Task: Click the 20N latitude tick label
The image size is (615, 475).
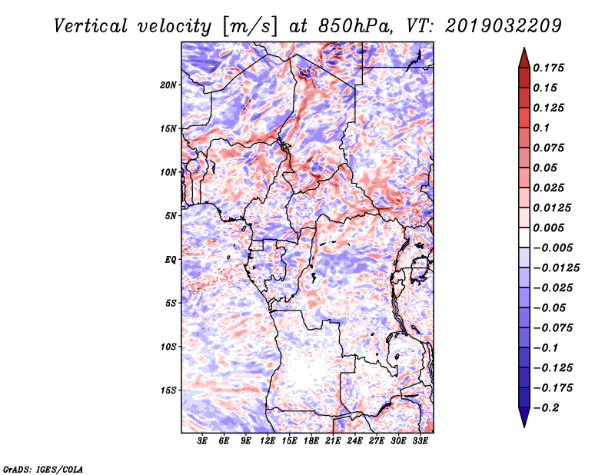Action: pos(168,85)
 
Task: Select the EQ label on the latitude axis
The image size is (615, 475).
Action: pos(171,260)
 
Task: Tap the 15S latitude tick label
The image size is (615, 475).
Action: pos(168,390)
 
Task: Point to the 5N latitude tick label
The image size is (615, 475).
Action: pos(171,216)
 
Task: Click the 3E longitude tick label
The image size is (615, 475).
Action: pos(202,440)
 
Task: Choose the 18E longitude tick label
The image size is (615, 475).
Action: pos(311,440)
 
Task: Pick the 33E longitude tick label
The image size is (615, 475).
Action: pos(420,440)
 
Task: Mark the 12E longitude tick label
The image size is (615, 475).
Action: pos(268,440)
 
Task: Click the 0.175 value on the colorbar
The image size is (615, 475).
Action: pos(548,68)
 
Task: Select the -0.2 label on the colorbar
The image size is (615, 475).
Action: pos(546,408)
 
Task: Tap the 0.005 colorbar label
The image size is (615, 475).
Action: pos(548,228)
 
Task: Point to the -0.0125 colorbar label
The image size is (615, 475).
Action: pos(556,268)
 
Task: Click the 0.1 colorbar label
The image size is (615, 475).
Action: pos(541,128)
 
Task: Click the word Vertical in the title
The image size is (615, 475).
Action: pos(91,26)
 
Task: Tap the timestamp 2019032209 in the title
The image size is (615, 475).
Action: pos(504,26)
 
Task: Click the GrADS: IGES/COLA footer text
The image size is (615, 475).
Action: pos(43,470)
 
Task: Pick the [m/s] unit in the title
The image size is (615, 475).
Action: pos(250,26)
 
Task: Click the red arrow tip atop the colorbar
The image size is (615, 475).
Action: pos(524,48)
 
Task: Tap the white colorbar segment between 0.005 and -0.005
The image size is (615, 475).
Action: pos(524,237)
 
